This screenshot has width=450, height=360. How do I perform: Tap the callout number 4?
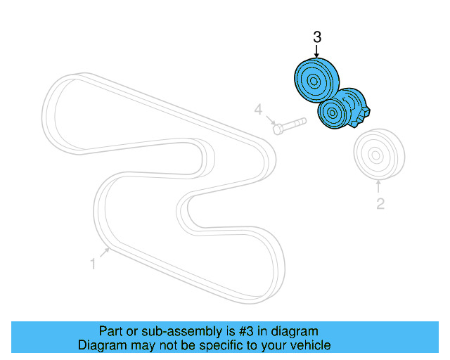[259, 110]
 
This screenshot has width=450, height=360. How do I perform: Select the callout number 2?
[380, 205]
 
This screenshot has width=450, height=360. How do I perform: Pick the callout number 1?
[92, 264]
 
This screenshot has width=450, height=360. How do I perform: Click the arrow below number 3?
[316, 51]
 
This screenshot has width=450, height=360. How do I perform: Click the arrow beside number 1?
[103, 253]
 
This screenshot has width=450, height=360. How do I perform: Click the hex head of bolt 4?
[278, 129]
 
